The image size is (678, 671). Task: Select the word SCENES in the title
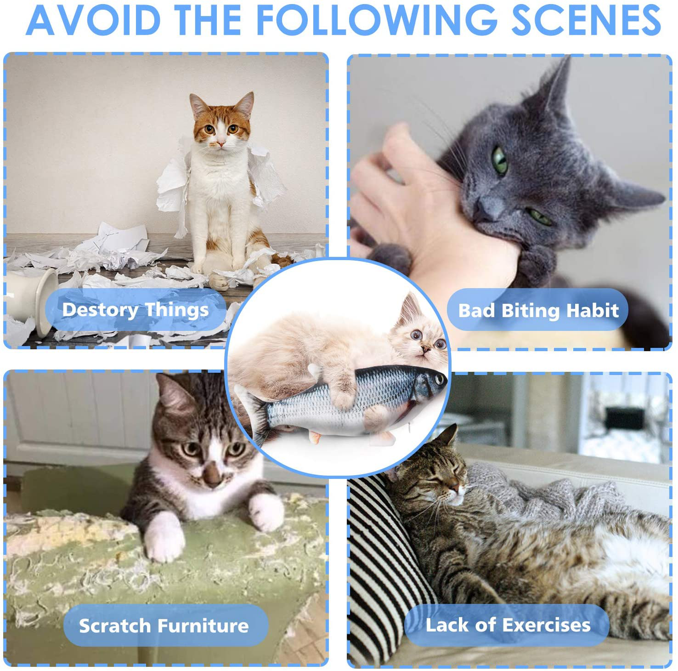click(586, 20)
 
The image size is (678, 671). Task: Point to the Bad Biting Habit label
click(538, 310)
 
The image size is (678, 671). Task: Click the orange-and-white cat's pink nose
click(221, 144)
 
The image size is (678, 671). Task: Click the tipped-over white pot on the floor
click(30, 302)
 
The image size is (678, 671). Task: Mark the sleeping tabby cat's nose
click(455, 487)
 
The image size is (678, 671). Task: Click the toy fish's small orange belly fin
click(315, 438)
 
